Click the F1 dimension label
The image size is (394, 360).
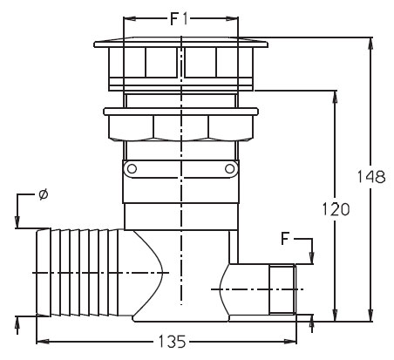180,19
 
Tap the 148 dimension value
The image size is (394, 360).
370,177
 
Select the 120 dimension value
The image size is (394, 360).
336,209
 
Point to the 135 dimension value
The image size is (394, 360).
172,342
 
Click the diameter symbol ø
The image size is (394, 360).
43,194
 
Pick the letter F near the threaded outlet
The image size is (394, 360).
285,239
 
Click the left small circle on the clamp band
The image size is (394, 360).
132,168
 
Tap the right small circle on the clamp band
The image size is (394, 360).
229,168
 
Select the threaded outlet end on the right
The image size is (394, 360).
282,289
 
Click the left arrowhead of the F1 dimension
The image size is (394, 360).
130,19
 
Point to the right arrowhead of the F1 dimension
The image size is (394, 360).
232,19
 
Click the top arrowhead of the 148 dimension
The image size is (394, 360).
370,44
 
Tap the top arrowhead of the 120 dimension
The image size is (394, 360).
335,97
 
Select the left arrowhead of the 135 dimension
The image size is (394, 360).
43,341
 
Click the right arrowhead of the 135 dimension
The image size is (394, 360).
290,341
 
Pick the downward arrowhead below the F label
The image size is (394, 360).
312,258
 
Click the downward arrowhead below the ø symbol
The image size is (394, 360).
17,222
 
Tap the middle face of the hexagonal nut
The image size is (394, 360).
180,127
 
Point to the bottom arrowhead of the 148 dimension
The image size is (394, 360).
370,316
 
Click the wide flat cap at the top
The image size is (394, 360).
180,42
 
